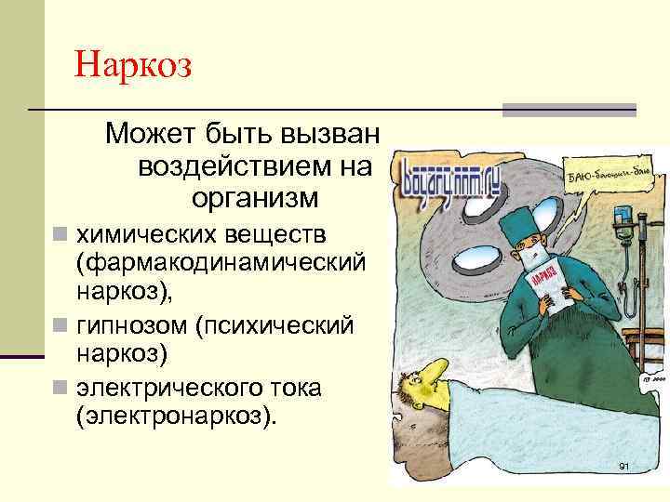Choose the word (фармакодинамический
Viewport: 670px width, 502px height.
pyautogui.click(x=220, y=261)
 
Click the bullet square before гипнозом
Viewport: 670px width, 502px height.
pyautogui.click(x=60, y=325)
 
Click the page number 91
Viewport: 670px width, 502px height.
pyautogui.click(x=623, y=465)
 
